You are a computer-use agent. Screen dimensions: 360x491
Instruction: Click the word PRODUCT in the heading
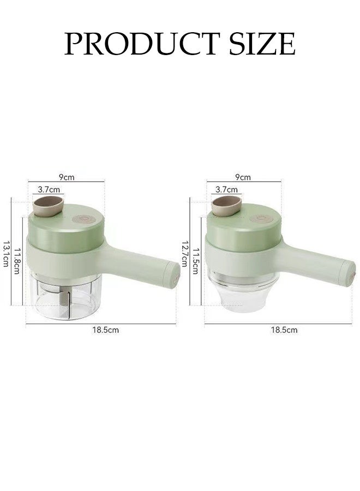point(141,43)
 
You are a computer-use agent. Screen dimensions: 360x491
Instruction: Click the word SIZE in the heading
point(262,43)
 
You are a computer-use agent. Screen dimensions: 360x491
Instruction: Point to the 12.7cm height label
point(185,253)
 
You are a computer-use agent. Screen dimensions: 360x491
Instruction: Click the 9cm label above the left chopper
point(67,177)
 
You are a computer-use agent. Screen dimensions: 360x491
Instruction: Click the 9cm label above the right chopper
point(243,177)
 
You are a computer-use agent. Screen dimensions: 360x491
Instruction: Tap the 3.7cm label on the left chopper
point(49,189)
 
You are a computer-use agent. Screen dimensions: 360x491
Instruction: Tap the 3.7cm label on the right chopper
point(227,189)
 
